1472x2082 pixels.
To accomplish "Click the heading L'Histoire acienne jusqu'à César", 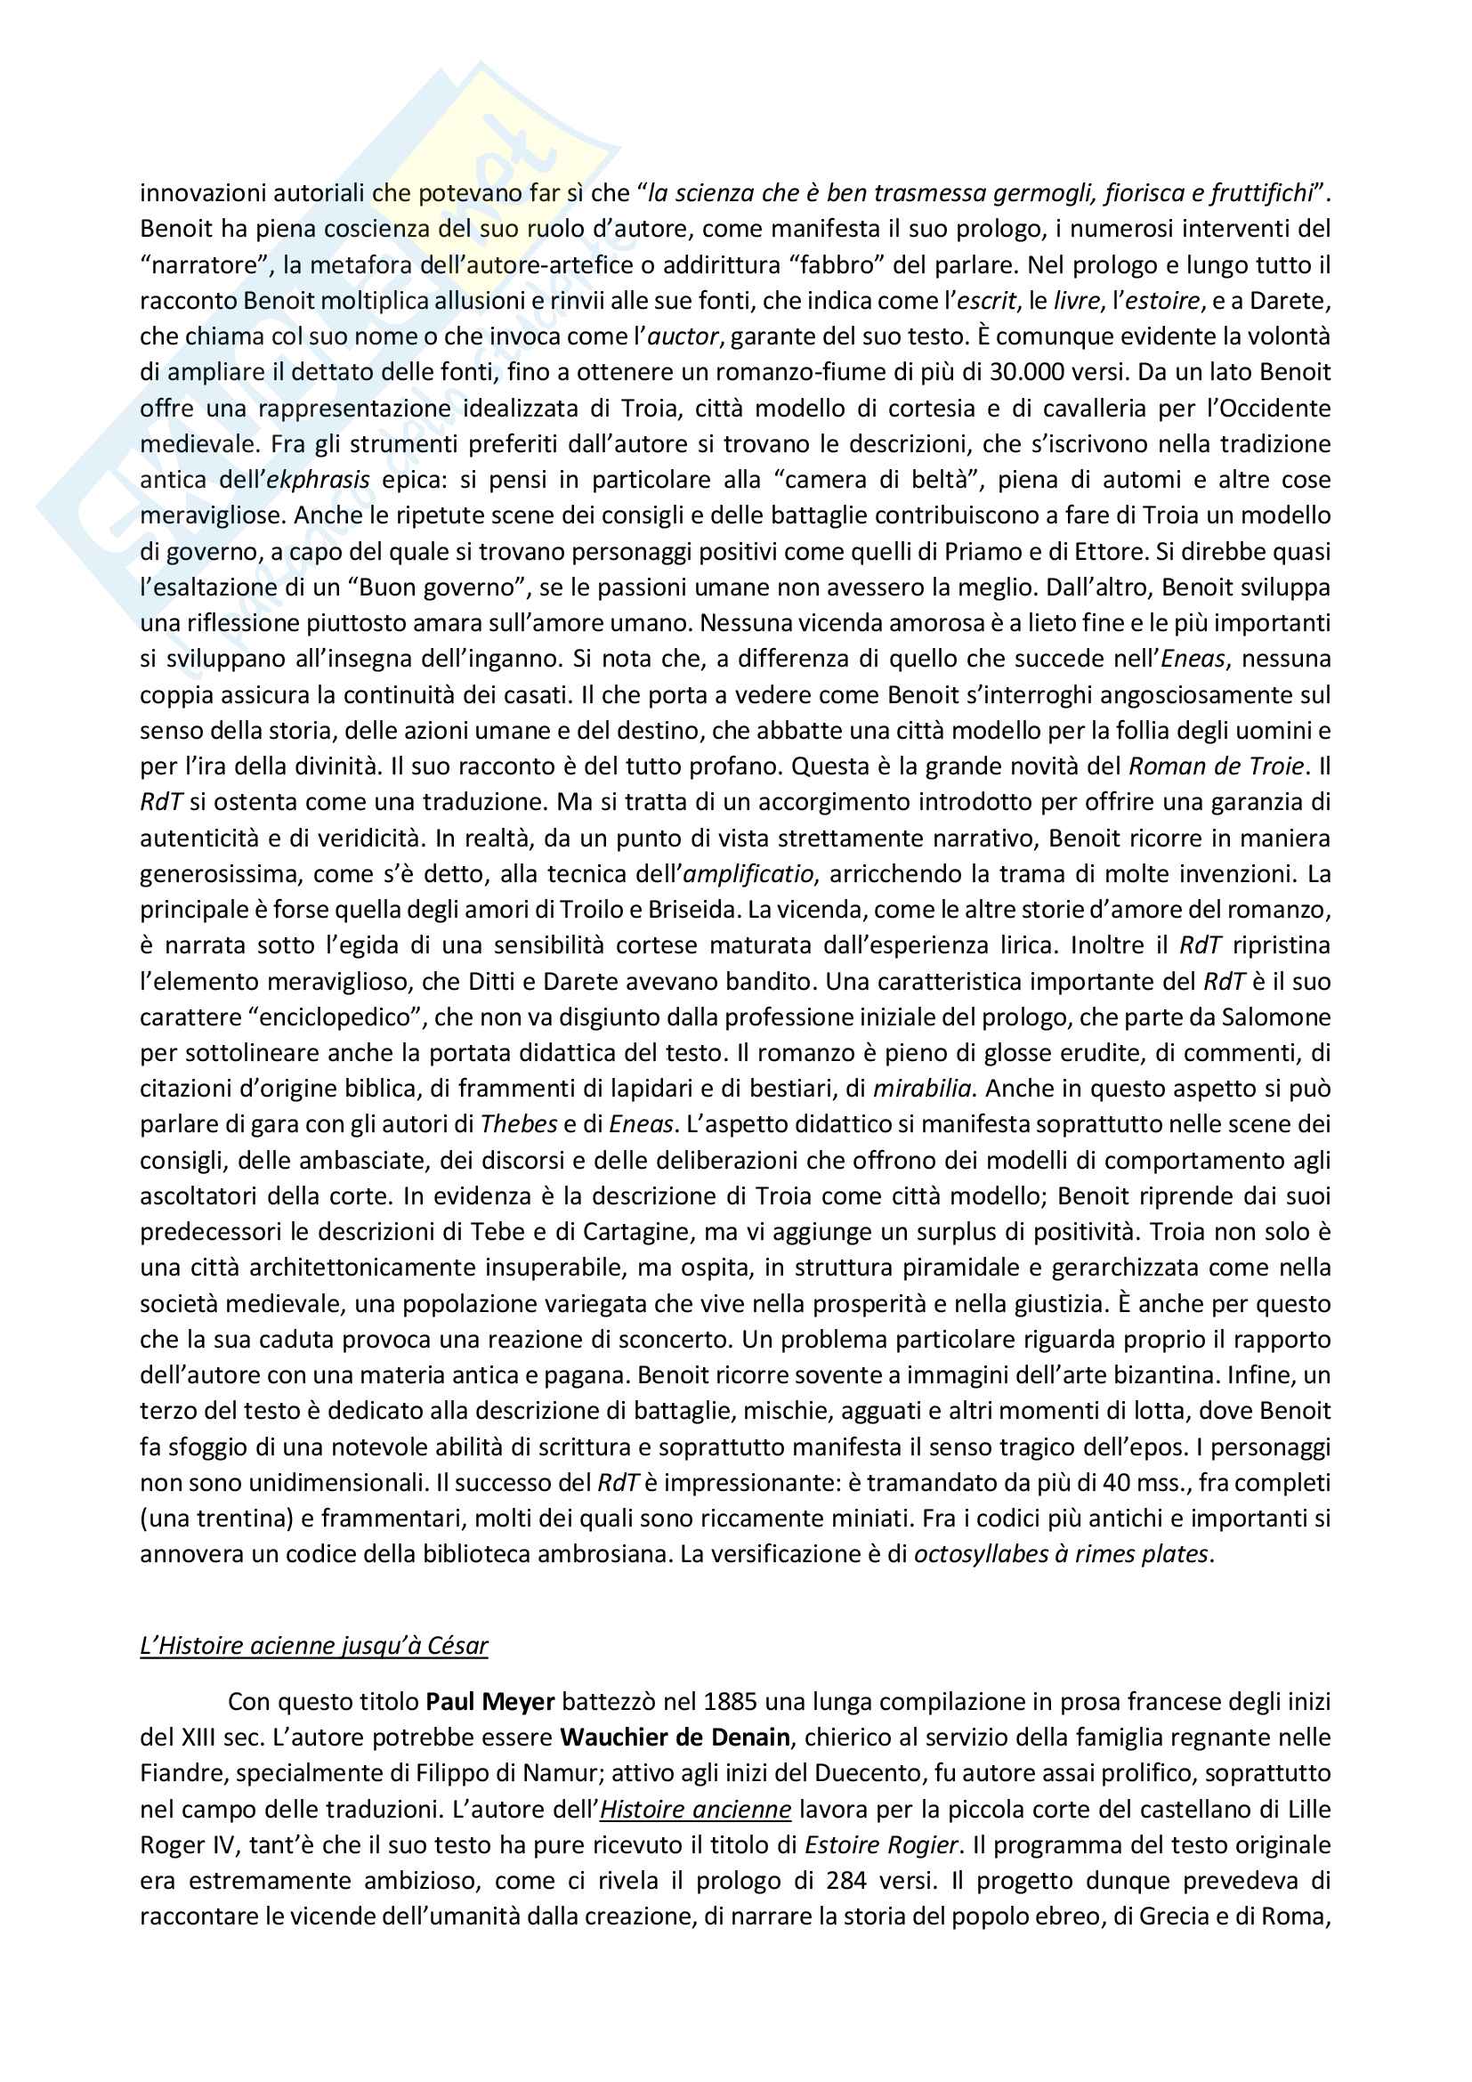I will [313, 1645].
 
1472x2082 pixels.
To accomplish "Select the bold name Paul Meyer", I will [489, 1702].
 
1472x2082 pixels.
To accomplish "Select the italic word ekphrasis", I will [318, 480].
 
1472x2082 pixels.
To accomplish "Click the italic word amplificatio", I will [748, 873].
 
